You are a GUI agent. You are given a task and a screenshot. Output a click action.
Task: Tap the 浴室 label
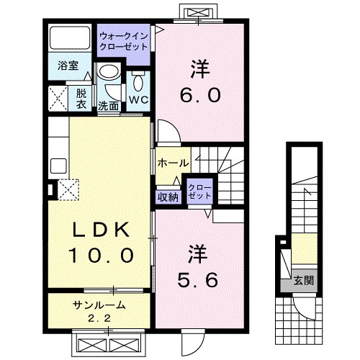(x=67, y=64)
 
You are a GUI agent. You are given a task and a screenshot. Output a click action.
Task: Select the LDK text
(x=100, y=230)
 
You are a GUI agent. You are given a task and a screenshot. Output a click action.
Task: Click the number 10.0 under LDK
(x=101, y=255)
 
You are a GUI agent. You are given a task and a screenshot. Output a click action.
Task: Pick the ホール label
(x=172, y=163)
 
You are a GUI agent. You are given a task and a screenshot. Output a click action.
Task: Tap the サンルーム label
(x=99, y=305)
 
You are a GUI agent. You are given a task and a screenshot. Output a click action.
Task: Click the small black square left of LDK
(x=50, y=191)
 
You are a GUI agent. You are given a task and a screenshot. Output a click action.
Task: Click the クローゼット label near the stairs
(x=199, y=192)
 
